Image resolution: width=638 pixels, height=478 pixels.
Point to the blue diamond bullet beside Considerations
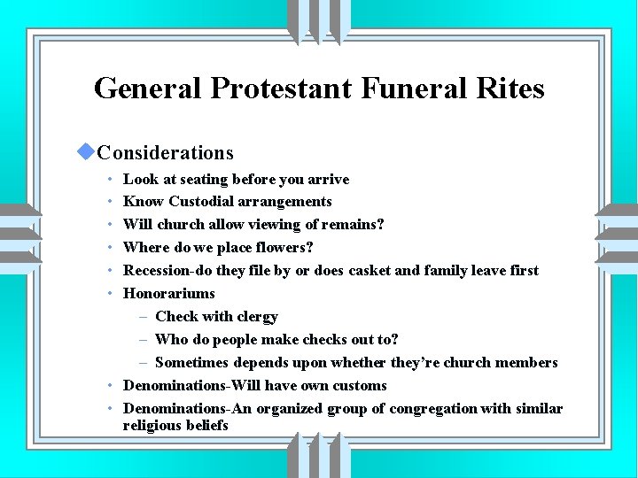pos(86,152)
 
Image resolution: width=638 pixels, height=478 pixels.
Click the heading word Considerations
pos(166,153)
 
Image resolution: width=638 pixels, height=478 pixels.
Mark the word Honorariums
pos(168,293)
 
